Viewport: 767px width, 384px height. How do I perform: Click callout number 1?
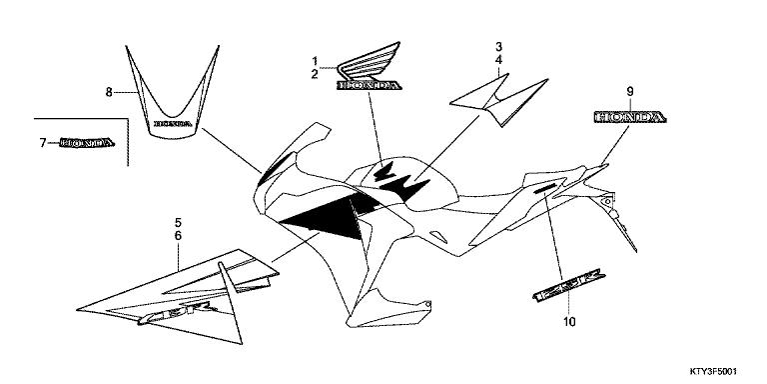pyautogui.click(x=314, y=60)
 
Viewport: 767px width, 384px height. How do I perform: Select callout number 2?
pyautogui.click(x=314, y=74)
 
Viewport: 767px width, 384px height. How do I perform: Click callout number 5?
pyautogui.click(x=179, y=221)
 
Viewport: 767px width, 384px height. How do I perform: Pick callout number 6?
pyautogui.click(x=179, y=235)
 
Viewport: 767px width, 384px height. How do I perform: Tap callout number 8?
pyautogui.click(x=109, y=92)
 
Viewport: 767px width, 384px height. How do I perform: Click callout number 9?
pyautogui.click(x=630, y=92)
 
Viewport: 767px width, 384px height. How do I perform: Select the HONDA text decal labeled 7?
pyautogui.click(x=88, y=143)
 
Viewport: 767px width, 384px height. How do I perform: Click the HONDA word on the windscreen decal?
pyautogui.click(x=171, y=125)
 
